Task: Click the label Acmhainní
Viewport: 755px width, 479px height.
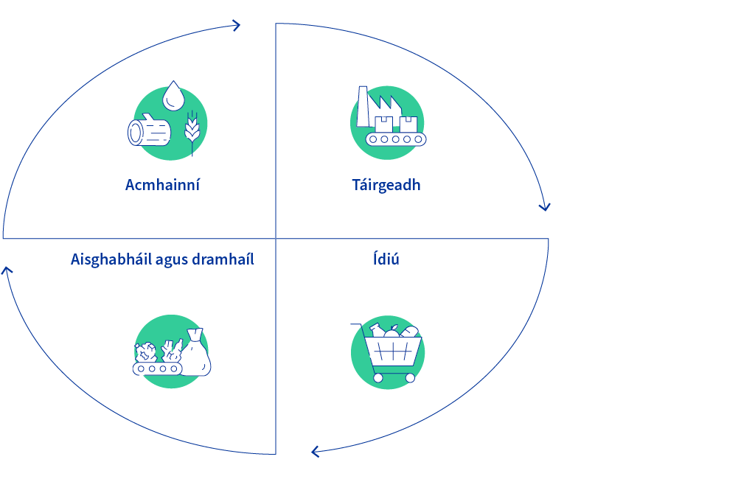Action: pos(162,185)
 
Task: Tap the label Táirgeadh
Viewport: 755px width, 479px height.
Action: pos(386,185)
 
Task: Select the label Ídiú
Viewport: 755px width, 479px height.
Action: pos(386,259)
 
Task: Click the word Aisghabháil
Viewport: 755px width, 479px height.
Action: pos(111,259)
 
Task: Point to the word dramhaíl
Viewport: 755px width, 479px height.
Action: pos(223,259)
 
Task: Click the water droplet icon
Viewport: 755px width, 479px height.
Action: pos(173,96)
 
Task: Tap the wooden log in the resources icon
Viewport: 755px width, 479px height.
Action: pos(149,130)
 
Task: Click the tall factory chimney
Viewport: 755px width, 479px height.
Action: pos(363,106)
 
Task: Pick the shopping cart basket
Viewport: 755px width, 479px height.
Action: pos(393,352)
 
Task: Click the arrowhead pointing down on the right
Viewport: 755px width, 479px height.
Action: pos(545,207)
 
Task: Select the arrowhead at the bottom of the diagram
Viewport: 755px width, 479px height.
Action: pos(316,452)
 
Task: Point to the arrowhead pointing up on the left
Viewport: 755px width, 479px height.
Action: pos(7,271)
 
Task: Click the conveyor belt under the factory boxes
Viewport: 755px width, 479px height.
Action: pos(396,139)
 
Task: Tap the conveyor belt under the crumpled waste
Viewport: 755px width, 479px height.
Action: pos(158,368)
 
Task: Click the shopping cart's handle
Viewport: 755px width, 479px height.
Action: pos(358,326)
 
